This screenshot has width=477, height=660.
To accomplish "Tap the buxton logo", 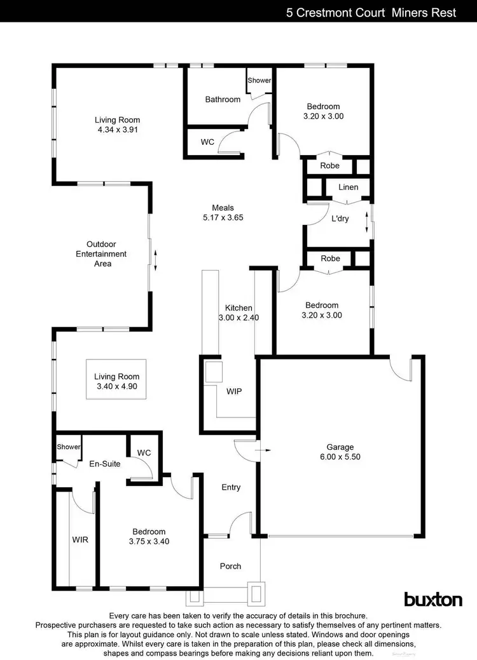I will pos(433,599).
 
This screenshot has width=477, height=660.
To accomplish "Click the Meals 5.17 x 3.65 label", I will pos(223,212).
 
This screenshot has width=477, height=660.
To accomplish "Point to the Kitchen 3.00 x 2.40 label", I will pos(238,313).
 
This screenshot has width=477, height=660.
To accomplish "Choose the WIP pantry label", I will pos(234,391).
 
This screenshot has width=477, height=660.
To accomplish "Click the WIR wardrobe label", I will pos(80,540).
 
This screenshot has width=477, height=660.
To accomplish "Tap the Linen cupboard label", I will pos(348,187).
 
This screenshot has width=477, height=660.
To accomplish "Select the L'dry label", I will pos(340,219).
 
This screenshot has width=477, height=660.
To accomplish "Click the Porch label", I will pos(230,566).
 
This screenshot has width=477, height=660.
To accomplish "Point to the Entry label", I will pos(231,487).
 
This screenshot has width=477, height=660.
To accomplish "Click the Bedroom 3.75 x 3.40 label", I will pos(149,537).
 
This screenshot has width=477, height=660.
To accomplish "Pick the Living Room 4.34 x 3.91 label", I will pos(117,125).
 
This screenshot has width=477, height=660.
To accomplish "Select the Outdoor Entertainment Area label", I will pos(106,253).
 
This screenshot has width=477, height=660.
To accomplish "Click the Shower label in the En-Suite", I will pos(69,447).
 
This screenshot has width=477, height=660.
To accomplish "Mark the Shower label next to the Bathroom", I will pos(259,81).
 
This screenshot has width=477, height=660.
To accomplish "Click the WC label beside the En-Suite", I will pos(144,452).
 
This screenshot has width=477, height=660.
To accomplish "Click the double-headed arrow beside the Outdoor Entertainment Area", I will pos(155,259).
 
